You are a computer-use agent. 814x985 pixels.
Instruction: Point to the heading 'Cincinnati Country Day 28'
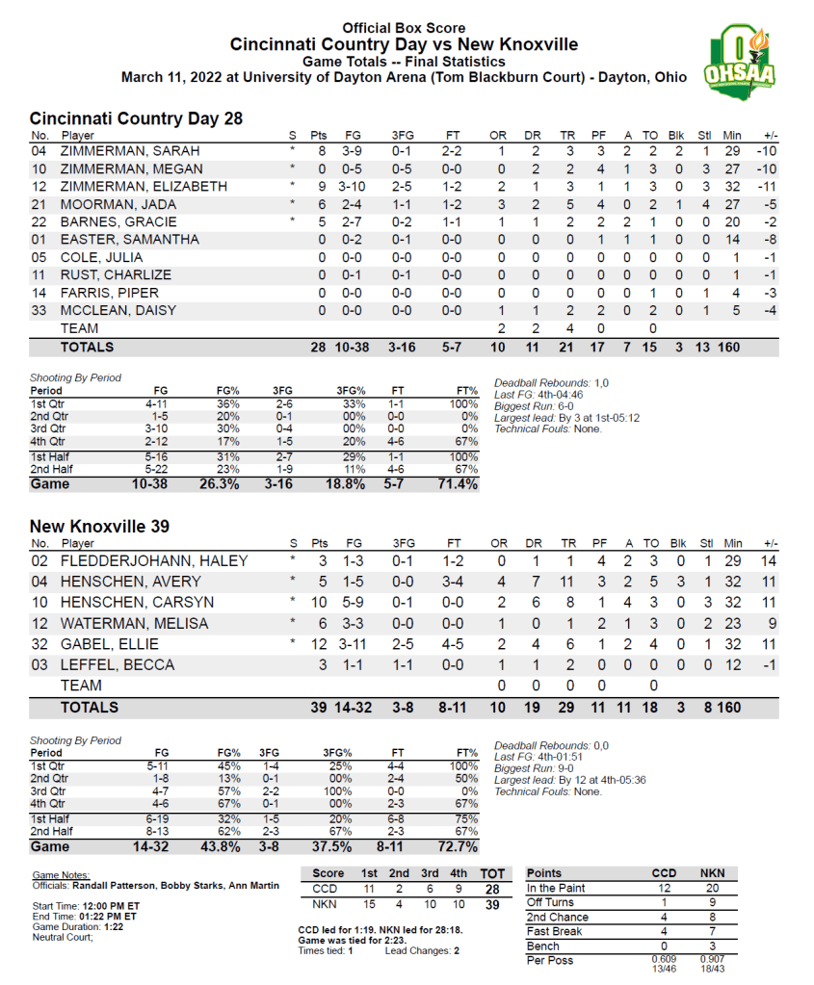pos(136,118)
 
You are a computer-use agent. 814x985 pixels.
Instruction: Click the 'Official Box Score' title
pos(404,29)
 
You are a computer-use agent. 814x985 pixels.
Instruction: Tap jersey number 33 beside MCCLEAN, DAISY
pos(39,310)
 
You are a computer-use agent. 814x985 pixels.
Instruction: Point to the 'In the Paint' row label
pos(557,888)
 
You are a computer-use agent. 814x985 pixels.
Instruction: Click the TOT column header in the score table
pos(492,873)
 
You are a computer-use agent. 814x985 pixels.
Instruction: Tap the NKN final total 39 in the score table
pos(492,905)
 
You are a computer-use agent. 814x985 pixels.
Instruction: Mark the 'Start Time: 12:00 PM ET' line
pos(86,906)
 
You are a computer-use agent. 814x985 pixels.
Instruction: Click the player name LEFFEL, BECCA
pos(118,665)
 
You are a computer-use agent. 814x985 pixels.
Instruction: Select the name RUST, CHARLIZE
pos(116,275)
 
